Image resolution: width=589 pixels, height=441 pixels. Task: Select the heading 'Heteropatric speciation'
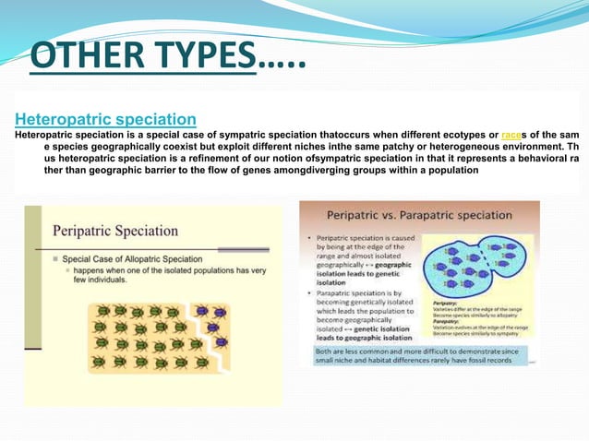(105, 119)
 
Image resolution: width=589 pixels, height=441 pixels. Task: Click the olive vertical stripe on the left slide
(34, 304)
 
